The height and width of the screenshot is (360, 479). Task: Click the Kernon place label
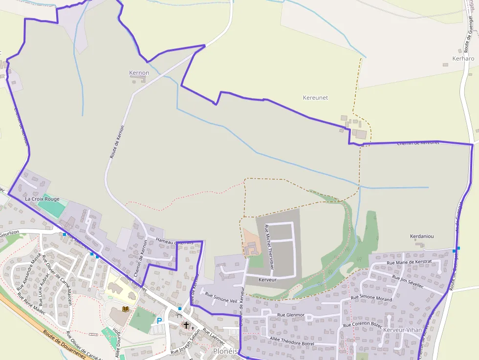tap(139, 73)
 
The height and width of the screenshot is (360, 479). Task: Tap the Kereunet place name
tap(315, 98)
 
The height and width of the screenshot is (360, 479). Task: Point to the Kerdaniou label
tap(422, 236)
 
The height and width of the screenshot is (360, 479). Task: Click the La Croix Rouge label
tap(42, 199)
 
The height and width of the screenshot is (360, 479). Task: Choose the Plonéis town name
tap(225, 351)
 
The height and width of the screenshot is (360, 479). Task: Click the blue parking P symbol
tap(159, 321)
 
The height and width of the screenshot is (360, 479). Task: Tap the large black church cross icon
tap(186, 324)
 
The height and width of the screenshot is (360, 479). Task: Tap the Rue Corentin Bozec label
tap(362, 324)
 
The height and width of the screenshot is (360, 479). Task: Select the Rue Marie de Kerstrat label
tap(409, 262)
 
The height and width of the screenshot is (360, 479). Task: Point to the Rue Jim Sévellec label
tap(401, 281)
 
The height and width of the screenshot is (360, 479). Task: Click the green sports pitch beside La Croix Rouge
tap(51, 209)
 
